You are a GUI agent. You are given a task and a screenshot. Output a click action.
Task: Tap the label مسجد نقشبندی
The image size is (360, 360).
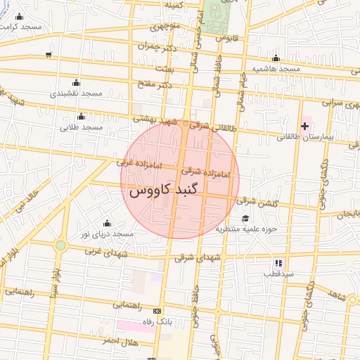click(x=77, y=93)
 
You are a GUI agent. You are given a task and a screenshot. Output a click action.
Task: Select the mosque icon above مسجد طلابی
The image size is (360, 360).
click(x=83, y=116)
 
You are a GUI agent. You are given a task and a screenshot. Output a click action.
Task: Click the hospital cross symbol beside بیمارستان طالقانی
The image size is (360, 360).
click(x=304, y=127)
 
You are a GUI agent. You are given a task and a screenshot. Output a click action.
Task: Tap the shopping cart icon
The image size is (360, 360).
click(x=48, y=55)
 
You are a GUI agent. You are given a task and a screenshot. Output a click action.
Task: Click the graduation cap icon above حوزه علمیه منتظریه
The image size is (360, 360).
click(x=245, y=219)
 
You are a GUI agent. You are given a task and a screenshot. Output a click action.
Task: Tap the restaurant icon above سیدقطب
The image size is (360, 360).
click(x=278, y=262)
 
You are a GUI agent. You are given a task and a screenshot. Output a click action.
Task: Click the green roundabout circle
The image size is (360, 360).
click(x=61, y=245)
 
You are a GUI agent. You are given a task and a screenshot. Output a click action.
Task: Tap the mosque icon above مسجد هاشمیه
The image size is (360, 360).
click(x=276, y=58)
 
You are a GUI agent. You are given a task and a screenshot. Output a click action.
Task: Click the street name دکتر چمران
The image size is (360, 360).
click(x=155, y=45)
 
